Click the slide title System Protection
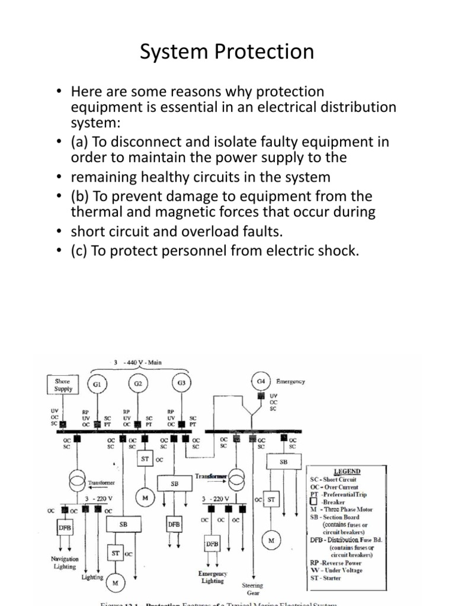(227, 52)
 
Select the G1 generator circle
(97, 383)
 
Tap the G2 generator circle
(138, 383)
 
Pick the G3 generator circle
(182, 383)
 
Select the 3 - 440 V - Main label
(139, 362)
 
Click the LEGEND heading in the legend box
(347, 471)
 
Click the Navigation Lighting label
(64, 562)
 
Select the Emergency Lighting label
(212, 577)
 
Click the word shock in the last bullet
(336, 251)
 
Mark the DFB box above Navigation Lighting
(64, 527)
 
